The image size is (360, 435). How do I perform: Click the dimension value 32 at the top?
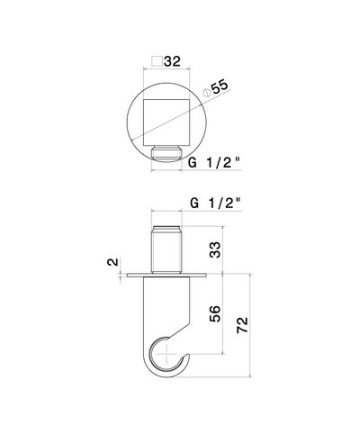tap(172, 61)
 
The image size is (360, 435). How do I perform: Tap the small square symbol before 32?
tap(157, 61)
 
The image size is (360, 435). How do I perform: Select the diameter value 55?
tap(220, 86)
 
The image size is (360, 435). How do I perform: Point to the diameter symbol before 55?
tap(206, 93)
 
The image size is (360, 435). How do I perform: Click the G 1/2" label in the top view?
tap(214, 163)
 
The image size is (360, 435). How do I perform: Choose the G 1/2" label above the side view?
tap(216, 204)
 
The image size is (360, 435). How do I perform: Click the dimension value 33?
tap(215, 249)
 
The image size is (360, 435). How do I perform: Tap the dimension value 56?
tap(215, 313)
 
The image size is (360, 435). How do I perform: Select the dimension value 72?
tap(243, 324)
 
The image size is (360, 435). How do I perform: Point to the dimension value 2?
tap(112, 262)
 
